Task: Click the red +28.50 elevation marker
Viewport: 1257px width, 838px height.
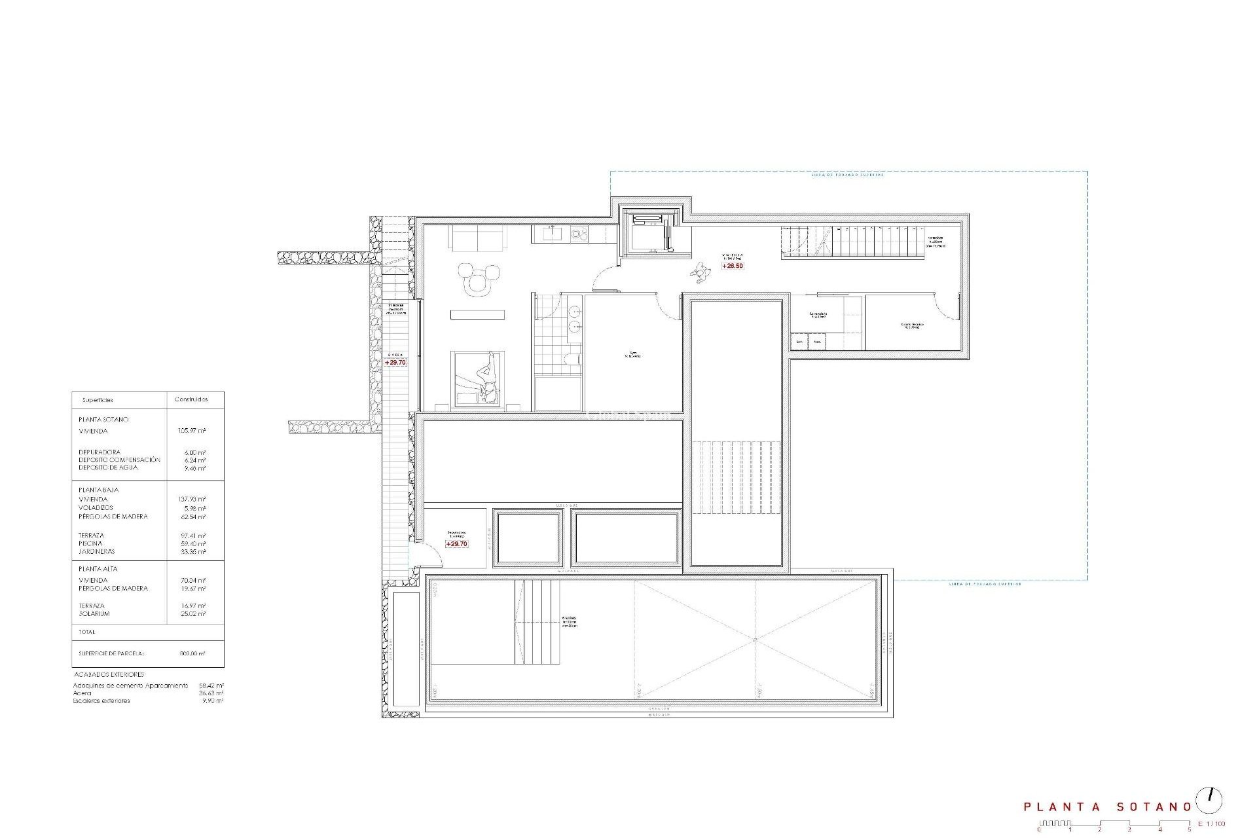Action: tap(733, 266)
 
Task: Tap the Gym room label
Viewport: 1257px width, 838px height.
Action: tap(632, 354)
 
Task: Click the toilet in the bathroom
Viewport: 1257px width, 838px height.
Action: tap(572, 359)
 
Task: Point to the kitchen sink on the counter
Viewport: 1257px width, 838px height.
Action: tap(552, 232)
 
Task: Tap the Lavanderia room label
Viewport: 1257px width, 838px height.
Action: tap(818, 315)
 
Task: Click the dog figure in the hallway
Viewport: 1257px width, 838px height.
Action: tap(701, 272)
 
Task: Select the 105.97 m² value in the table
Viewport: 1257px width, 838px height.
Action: tap(192, 431)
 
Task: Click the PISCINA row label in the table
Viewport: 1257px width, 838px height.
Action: tap(91, 543)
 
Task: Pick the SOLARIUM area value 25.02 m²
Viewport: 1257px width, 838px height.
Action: tap(192, 614)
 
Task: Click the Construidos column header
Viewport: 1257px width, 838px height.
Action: tap(191, 399)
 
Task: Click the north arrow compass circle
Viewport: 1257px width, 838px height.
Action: tap(1209, 800)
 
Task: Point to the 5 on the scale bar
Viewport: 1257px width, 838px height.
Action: tap(1190, 830)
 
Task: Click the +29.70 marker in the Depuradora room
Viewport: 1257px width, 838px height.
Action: tap(456, 544)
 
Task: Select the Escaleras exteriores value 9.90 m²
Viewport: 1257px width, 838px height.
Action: tap(214, 701)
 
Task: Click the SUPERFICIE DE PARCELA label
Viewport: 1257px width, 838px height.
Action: tap(111, 653)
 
